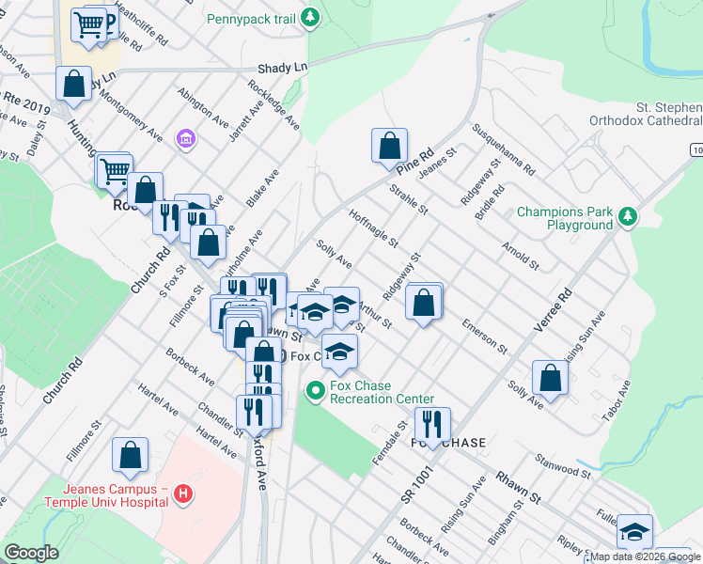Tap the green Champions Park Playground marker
tap(624, 218)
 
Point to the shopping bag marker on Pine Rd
tap(389, 146)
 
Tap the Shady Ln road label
tap(283, 69)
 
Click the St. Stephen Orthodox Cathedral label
tap(645, 114)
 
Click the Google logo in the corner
tap(31, 553)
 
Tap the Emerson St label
tap(484, 336)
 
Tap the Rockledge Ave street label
tap(273, 103)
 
